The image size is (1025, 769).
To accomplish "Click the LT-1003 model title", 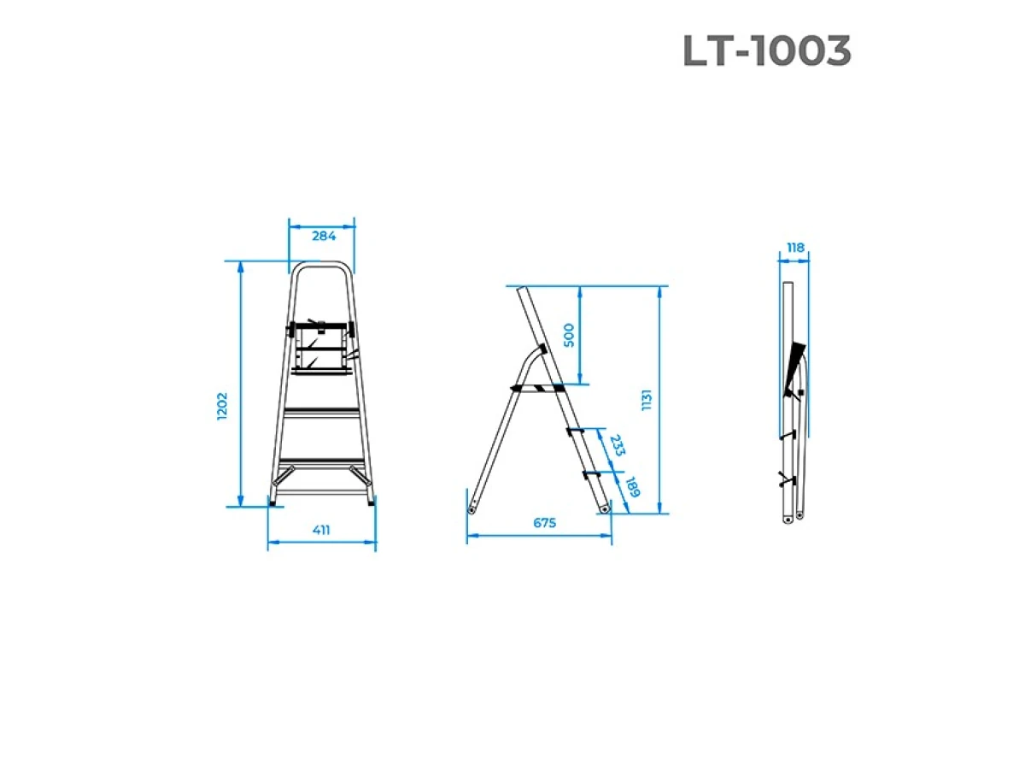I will coord(766,52).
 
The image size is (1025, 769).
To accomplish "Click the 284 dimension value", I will coord(323,237).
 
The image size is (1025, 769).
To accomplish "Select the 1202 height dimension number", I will coord(224,406).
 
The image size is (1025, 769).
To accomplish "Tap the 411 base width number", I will coord(321,530).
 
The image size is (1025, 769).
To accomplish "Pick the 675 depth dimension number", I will coord(544,523).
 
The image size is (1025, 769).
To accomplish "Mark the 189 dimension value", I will coord(632,488).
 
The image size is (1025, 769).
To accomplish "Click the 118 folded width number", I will coord(795,248).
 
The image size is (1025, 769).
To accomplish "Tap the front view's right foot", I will coord(371,502).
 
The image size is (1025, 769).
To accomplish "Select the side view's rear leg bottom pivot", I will coord(471,510).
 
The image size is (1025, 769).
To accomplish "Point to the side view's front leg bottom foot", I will coord(605,508).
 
